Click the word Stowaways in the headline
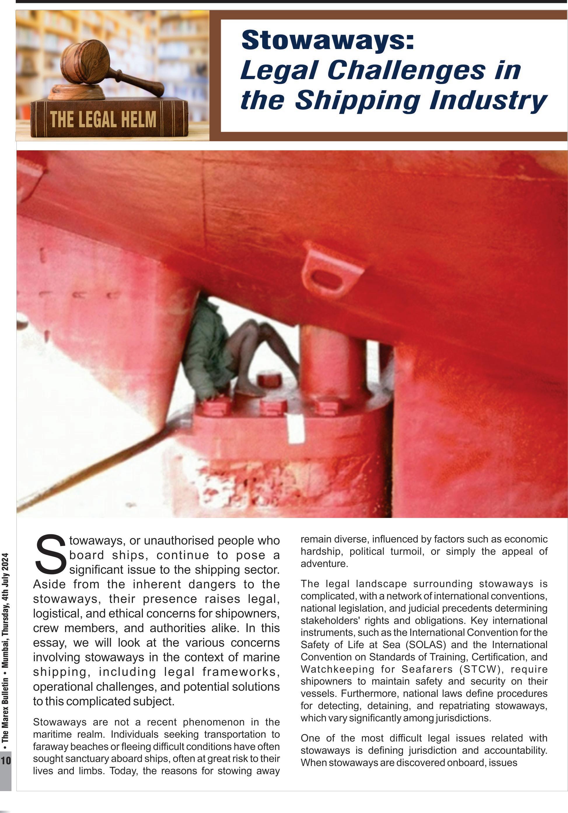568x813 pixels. pyautogui.click(x=327, y=40)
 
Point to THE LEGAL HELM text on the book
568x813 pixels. pyautogui.click(x=103, y=119)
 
